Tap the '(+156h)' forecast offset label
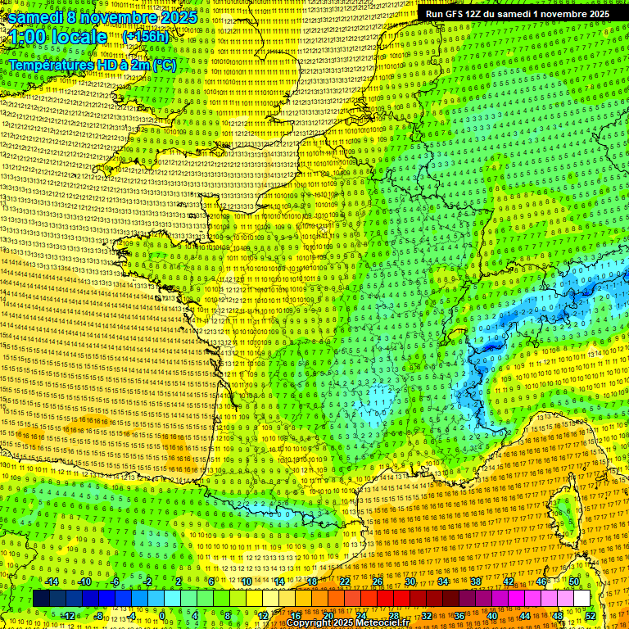(x=145, y=36)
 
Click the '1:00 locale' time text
(x=57, y=37)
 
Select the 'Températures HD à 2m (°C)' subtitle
(x=92, y=65)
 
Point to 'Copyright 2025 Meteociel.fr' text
(x=347, y=622)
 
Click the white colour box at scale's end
(x=581, y=599)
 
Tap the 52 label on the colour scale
(x=590, y=615)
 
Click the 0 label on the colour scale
(x=162, y=615)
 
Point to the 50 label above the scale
(x=574, y=581)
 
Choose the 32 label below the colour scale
(x=427, y=615)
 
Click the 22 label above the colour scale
(x=345, y=581)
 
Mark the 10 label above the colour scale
(x=247, y=581)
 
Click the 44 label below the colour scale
(x=525, y=615)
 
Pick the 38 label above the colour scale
(x=476, y=581)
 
